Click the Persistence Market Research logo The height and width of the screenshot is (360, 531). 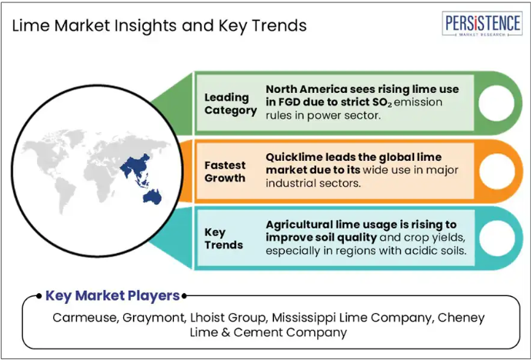point(482,23)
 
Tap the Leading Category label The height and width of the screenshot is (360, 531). point(231,104)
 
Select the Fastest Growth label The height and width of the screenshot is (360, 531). point(225,172)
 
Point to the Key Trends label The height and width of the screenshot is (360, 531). point(223,238)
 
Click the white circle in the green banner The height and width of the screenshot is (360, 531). point(496,103)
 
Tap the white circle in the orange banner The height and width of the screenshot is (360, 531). point(497,172)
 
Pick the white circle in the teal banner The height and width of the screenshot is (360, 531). point(497,238)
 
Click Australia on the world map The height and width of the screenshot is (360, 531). point(152,197)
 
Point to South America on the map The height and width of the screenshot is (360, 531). point(65,195)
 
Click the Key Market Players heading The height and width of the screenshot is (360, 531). point(112,295)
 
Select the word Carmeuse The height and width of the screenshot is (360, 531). point(85,318)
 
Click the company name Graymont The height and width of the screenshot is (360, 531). point(154,318)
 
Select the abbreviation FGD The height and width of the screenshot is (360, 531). point(289,102)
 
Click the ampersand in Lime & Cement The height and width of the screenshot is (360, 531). point(226,332)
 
